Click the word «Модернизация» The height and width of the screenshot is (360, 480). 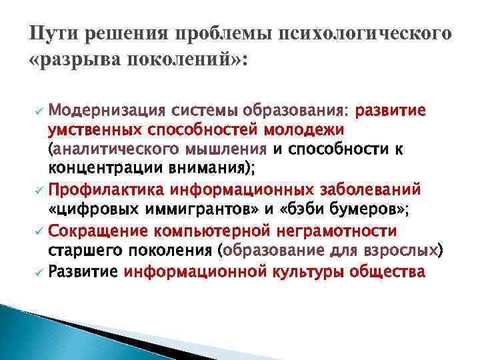[x=107, y=109]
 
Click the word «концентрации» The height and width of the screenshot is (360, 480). [x=93, y=166]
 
